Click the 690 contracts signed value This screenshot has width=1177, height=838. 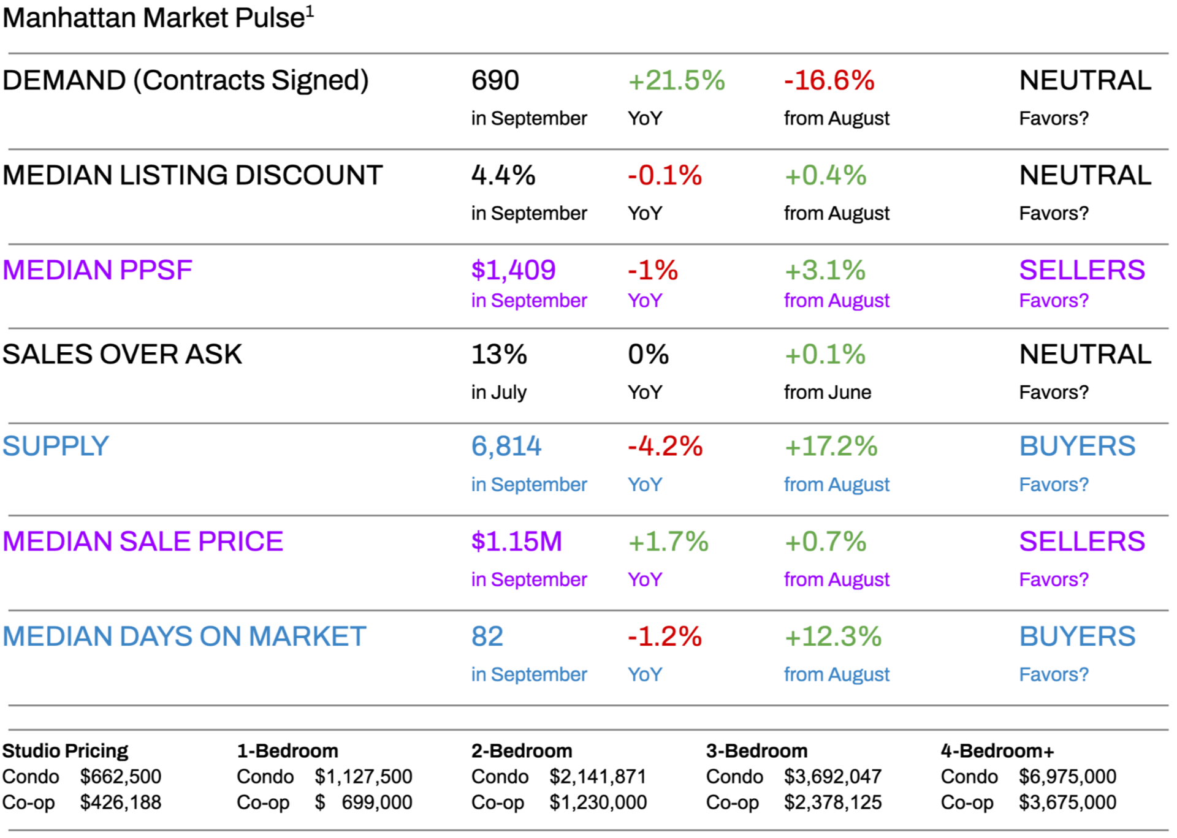pos(495,81)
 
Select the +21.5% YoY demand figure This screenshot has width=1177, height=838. pos(676,81)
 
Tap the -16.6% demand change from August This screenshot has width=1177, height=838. pos(829,81)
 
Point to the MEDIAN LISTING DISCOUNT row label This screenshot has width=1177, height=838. pos(192,176)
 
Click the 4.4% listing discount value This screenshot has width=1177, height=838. pos(503,176)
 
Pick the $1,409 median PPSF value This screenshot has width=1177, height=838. pos(513,270)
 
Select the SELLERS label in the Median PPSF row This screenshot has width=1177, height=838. pos(1081,270)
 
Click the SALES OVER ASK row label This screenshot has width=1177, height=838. pos(122,355)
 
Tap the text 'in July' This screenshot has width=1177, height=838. pos(498,392)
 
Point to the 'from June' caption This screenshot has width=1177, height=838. pos(827,392)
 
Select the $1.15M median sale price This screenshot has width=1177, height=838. pos(516,542)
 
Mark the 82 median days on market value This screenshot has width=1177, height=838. pos(487,636)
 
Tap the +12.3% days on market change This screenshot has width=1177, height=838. pos(832,636)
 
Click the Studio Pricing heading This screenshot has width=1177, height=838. pos(65,751)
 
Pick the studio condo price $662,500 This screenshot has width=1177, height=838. pos(120,777)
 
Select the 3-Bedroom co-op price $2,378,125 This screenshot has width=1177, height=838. pos(832,802)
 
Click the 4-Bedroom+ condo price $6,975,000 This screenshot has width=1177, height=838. pos(1067,777)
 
